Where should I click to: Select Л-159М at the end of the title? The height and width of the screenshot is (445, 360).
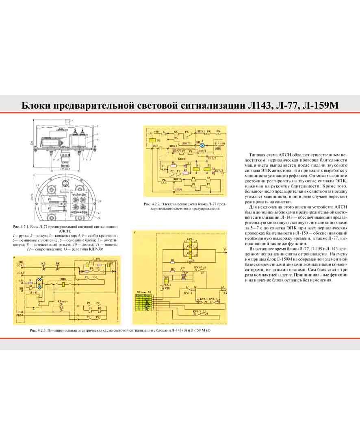click(322, 105)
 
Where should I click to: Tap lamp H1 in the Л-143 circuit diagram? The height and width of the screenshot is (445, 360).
click(39, 281)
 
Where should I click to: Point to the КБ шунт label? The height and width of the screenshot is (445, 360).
click(62, 301)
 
